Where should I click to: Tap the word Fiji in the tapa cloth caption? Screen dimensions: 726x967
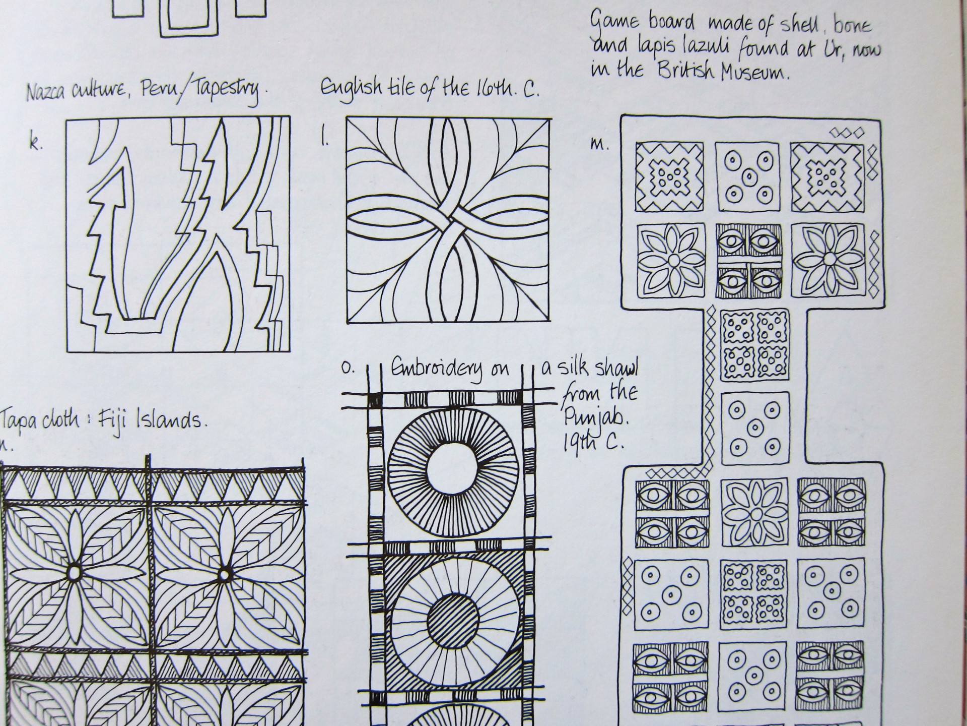(117, 419)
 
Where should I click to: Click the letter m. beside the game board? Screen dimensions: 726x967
(599, 145)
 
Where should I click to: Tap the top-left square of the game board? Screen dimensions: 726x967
(669, 176)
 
